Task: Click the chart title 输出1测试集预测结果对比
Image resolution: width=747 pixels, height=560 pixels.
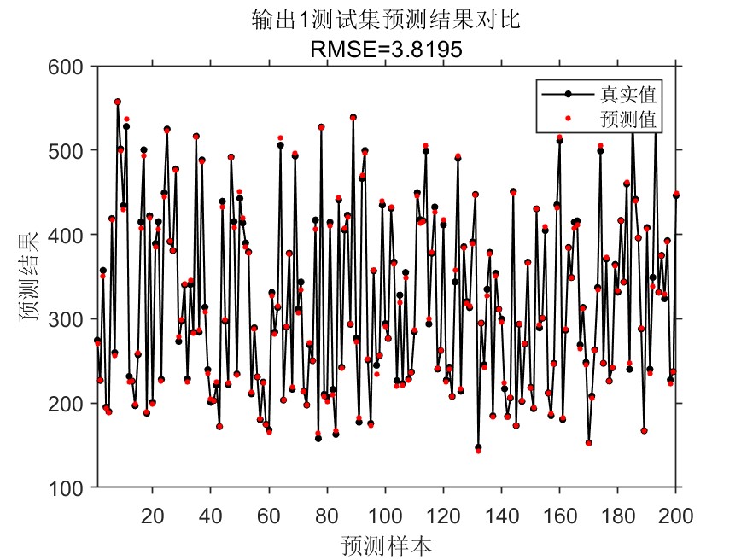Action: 386,20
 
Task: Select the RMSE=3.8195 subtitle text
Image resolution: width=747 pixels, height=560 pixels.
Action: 386,50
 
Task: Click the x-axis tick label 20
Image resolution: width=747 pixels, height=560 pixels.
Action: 153,515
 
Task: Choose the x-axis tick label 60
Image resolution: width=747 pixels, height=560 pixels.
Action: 269,515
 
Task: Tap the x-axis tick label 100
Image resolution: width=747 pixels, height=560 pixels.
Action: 385,515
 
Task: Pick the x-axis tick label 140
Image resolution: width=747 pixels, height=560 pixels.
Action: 501,515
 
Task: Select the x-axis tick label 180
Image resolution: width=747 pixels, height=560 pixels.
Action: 617,515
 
